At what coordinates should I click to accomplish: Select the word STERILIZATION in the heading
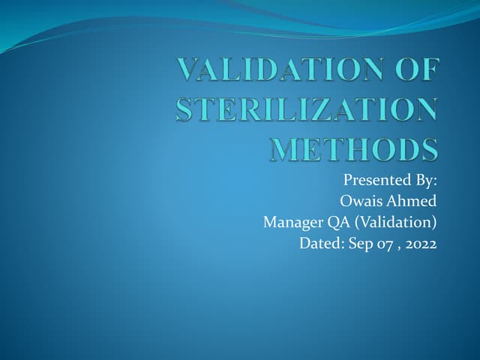pos(306,111)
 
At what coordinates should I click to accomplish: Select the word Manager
pos(292,223)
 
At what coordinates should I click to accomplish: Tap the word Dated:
pos(321,243)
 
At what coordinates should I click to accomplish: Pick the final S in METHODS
pos(429,148)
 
